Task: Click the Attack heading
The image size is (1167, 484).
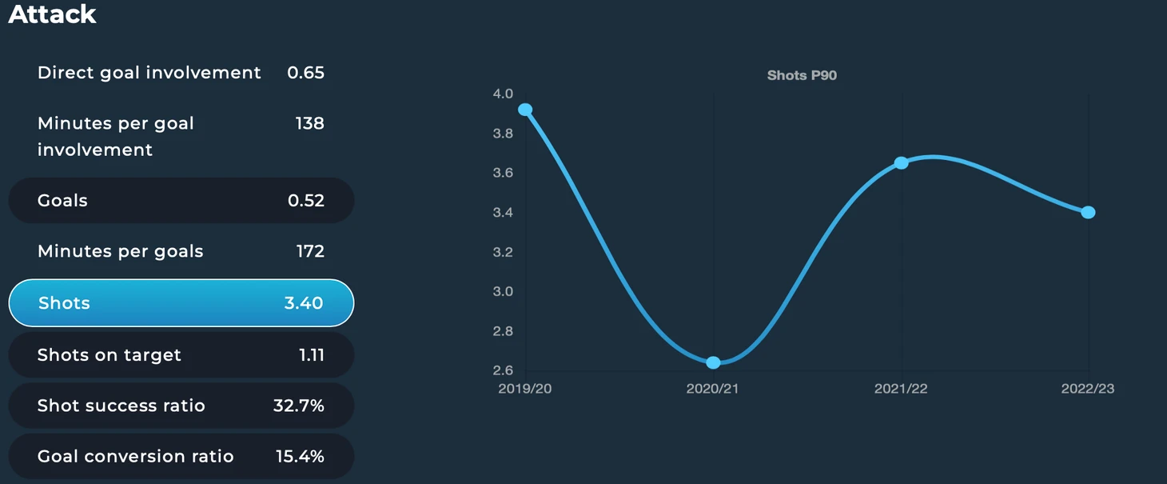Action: coord(52,14)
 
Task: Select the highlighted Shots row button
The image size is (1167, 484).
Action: coord(181,303)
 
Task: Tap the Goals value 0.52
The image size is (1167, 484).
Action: coord(306,200)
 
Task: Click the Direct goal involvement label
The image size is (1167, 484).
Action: coord(149,73)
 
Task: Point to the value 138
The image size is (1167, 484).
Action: coord(309,124)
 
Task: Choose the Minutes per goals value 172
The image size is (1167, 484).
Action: coord(310,251)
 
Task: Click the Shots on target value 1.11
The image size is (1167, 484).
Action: coord(312,355)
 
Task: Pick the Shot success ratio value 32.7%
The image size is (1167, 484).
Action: coord(298,406)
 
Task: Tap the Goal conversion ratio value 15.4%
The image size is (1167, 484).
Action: coord(300,456)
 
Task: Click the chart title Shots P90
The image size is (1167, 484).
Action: coord(802,76)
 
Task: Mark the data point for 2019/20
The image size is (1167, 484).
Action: coord(525,110)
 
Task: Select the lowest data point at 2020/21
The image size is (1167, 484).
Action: coord(713,362)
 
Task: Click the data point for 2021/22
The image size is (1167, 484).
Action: coord(902,162)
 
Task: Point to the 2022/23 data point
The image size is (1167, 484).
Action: coord(1088,212)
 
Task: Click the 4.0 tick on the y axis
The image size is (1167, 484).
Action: coord(503,94)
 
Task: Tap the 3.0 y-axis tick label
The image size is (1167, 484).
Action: coord(503,291)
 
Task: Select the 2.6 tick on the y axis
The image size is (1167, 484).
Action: coord(503,370)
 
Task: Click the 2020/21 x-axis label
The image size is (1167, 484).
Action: coord(712,389)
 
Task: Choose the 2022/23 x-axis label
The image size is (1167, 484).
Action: coord(1088,389)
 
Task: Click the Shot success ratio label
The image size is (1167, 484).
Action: coord(121,406)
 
